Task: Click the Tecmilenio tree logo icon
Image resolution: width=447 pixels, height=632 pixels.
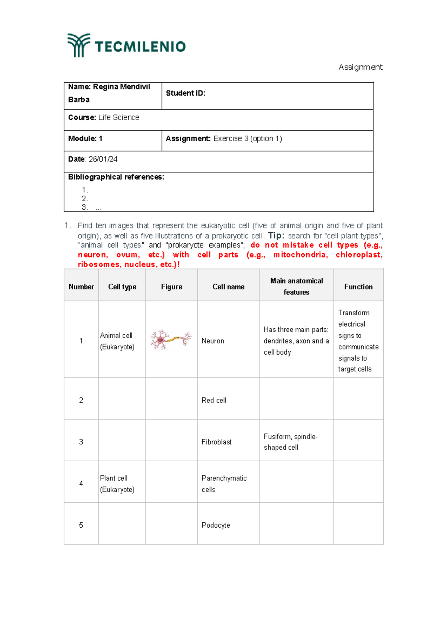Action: coord(79,45)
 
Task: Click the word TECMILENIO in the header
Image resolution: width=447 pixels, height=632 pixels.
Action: coord(140,47)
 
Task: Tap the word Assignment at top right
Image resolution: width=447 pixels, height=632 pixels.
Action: coord(360,67)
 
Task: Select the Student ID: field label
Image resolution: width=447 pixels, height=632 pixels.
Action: coord(186,93)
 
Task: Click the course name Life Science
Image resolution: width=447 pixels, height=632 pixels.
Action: coord(118,117)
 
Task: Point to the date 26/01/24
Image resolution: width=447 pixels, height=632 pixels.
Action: coord(103,159)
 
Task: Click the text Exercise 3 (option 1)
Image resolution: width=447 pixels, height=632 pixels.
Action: coord(247,139)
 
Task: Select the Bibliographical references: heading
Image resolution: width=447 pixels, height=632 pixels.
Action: coord(116,177)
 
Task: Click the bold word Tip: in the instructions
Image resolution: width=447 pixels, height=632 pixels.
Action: coord(276,236)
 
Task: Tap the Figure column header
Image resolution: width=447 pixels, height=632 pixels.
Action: coord(171,287)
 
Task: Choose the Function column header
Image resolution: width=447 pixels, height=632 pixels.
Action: coord(358,287)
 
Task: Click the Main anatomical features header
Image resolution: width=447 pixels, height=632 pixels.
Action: coord(297,286)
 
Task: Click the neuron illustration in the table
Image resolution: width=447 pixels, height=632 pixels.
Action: coord(171,339)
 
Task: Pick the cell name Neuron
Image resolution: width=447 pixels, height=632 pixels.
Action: coord(213,341)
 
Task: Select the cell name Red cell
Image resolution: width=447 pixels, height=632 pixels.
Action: coord(214,400)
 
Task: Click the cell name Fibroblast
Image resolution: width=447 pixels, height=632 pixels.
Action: coord(216,442)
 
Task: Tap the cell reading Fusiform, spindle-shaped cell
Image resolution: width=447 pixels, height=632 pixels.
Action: coord(290,442)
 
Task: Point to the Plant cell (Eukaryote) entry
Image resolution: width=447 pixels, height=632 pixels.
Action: coord(117,484)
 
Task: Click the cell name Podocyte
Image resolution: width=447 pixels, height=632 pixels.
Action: coord(216,525)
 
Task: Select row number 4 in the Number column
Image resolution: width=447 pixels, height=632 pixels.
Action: coord(81,484)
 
